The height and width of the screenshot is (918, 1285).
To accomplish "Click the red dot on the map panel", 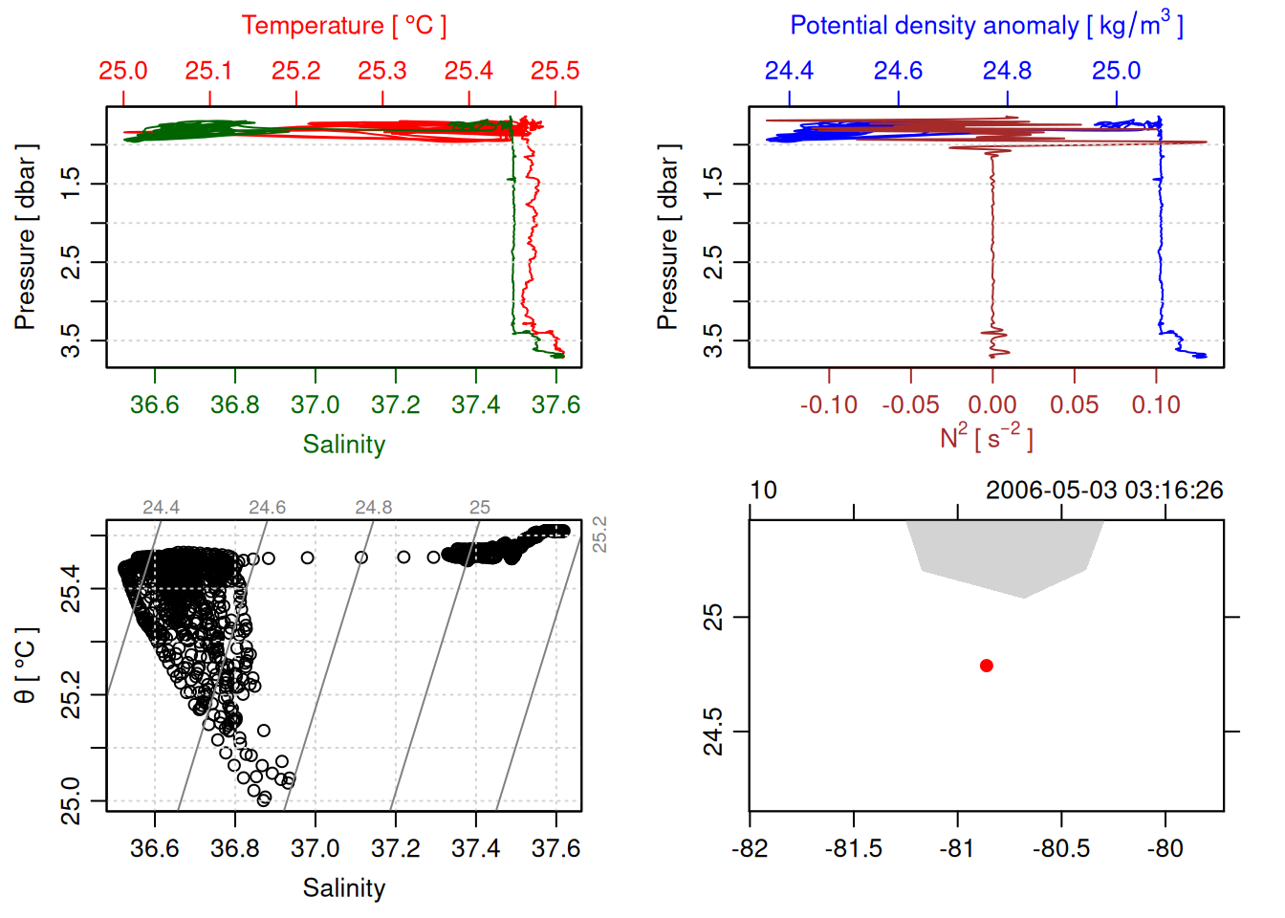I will pyautogui.click(x=987, y=666).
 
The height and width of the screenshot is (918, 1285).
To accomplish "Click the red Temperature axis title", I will pyautogui.click(x=344, y=26).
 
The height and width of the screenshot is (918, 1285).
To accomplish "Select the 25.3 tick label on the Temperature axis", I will pyautogui.click(x=382, y=71).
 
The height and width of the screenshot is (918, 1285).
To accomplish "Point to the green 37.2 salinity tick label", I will pyautogui.click(x=396, y=404).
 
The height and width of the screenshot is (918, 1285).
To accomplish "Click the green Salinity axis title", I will pyautogui.click(x=344, y=445).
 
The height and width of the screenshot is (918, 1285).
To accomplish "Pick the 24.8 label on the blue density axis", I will pyautogui.click(x=1008, y=71).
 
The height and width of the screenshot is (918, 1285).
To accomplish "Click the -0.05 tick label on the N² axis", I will pyautogui.click(x=910, y=404).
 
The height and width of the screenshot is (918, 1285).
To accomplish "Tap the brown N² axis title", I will pyautogui.click(x=987, y=438).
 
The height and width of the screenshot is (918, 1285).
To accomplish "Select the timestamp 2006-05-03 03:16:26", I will pyautogui.click(x=1104, y=491).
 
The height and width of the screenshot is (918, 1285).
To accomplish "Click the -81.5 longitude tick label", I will pyautogui.click(x=853, y=848).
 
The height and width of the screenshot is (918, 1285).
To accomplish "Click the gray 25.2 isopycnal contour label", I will pyautogui.click(x=599, y=534).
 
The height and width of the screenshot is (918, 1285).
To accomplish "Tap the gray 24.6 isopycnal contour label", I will pyautogui.click(x=267, y=508).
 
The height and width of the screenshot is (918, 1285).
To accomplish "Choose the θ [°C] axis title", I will pyautogui.click(x=26, y=666).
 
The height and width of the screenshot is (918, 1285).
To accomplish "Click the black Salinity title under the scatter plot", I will pyautogui.click(x=344, y=888).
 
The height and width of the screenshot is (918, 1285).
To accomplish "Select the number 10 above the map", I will pyautogui.click(x=763, y=491).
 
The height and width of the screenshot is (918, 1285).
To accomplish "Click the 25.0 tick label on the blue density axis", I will pyautogui.click(x=1117, y=71).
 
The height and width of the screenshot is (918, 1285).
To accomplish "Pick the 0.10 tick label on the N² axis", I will pyautogui.click(x=1156, y=404).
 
